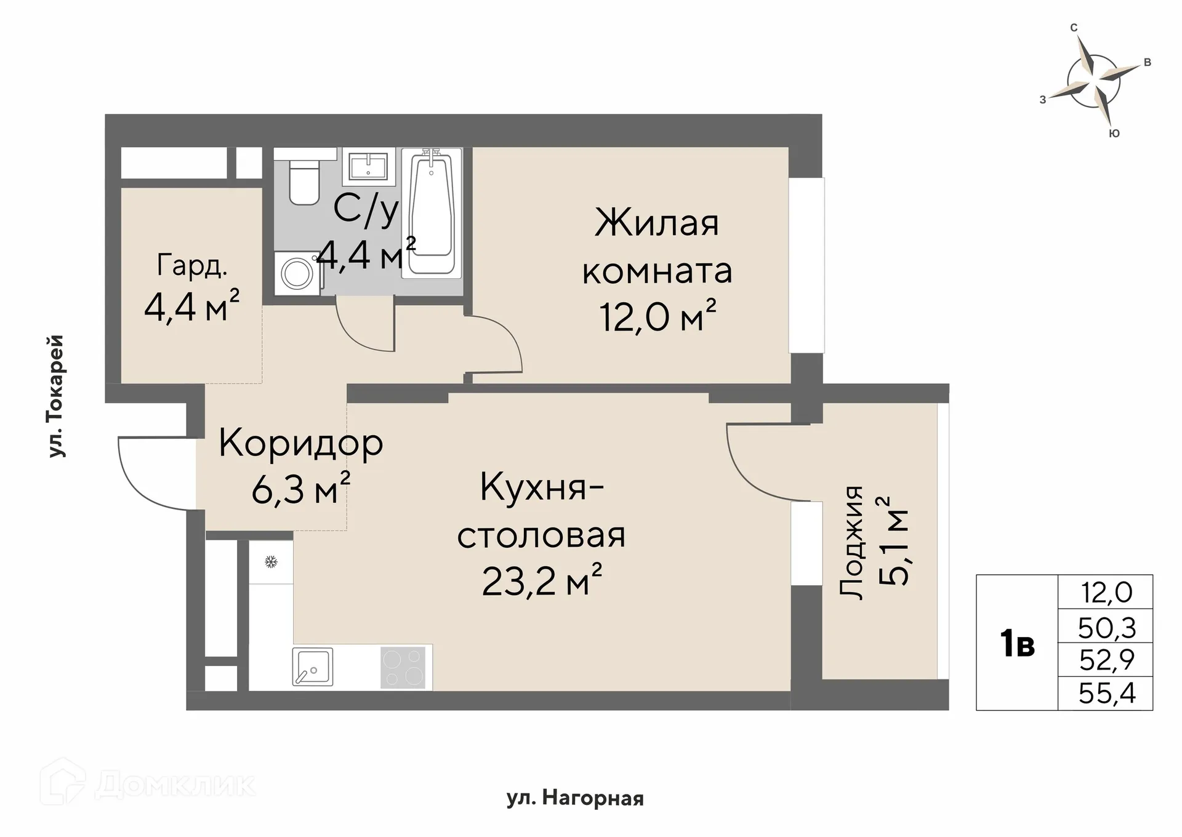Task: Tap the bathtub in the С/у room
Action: [431, 212]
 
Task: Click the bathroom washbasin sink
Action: [368, 167]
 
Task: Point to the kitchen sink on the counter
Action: [312, 667]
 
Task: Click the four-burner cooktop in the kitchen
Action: [403, 667]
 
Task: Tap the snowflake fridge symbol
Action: [271, 561]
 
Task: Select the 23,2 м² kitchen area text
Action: [541, 581]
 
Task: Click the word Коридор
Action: [300, 443]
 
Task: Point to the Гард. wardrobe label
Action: [192, 265]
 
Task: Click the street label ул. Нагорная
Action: [575, 799]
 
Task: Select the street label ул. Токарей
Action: [56, 396]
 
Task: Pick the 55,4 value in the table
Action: [1106, 694]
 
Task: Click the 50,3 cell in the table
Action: [1106, 628]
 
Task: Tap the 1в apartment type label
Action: [1017, 644]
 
